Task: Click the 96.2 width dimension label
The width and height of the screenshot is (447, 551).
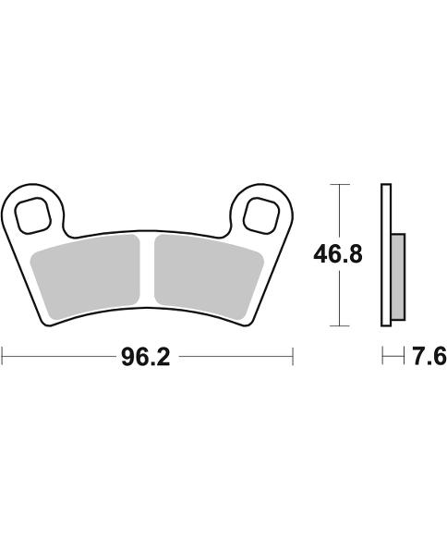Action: [146, 356]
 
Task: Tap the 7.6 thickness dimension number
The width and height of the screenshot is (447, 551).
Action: [428, 356]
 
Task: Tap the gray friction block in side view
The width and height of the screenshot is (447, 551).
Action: [398, 275]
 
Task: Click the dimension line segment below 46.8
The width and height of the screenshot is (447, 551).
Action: [342, 300]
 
